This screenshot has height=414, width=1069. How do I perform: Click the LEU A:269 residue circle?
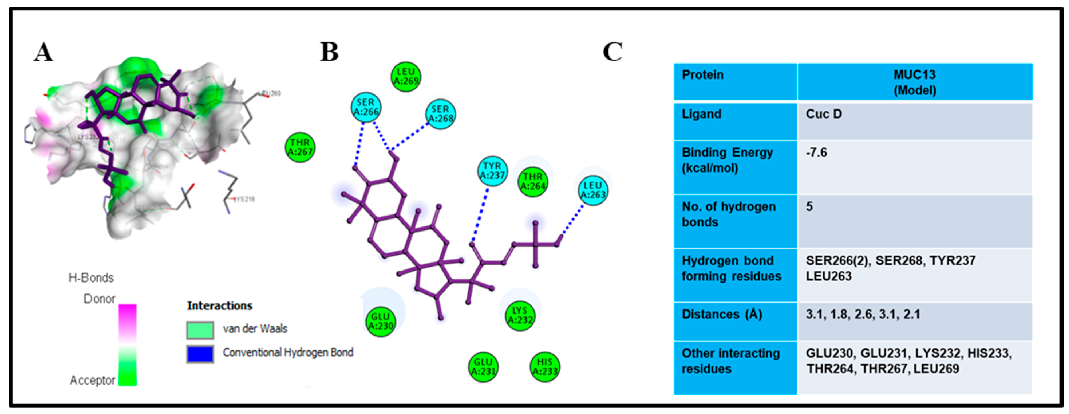click(406, 77)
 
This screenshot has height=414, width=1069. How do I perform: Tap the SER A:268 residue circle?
click(440, 114)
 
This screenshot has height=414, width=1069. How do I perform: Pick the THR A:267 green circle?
click(300, 147)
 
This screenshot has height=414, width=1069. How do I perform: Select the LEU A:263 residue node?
click(592, 190)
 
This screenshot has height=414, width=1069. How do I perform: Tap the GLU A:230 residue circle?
click(381, 321)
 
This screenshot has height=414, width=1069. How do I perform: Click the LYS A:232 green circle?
click(519, 316)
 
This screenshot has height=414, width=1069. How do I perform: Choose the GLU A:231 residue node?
click(483, 367)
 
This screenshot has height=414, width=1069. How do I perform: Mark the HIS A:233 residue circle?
click(544, 367)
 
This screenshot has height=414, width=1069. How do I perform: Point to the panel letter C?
click(612, 52)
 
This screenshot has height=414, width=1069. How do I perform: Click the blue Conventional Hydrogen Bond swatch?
click(200, 354)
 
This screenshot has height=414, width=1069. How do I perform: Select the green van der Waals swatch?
click(200, 330)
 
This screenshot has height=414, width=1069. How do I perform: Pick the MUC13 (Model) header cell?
click(915, 82)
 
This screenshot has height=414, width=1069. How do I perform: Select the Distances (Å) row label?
click(722, 314)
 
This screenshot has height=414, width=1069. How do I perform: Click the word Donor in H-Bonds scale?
click(99, 299)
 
